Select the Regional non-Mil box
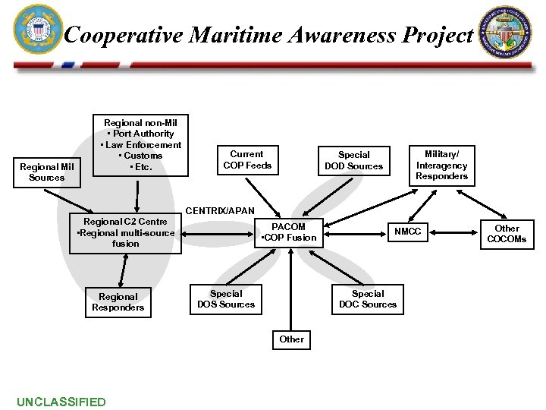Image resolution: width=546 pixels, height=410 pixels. [140, 144]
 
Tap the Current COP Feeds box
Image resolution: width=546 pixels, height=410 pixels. [246, 159]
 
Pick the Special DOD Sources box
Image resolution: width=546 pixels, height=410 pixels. [353, 160]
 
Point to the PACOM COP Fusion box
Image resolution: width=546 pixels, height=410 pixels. [289, 232]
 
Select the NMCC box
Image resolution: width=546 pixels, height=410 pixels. [408, 231]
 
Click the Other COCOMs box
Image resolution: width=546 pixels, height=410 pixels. [507, 233]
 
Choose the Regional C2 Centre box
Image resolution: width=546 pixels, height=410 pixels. [127, 233]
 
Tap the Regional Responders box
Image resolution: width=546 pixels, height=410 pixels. [118, 302]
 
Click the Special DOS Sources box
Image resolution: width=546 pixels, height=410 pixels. [226, 299]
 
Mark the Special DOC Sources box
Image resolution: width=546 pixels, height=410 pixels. [368, 299]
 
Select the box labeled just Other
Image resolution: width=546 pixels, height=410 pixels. [291, 339]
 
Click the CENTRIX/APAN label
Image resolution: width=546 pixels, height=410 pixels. [220, 210]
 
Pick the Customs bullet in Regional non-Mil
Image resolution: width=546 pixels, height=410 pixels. [141, 156]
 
